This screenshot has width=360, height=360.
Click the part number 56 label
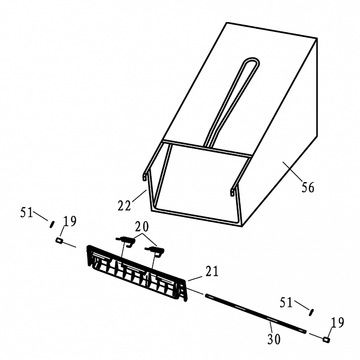pyautogui.click(x=308, y=187)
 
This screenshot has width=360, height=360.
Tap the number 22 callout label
pyautogui.click(x=124, y=205)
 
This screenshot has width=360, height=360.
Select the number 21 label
pyautogui.click(x=212, y=271)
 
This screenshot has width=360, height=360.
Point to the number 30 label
pyautogui.click(x=274, y=339)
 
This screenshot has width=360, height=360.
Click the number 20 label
pyautogui.click(x=142, y=227)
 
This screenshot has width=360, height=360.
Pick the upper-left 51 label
pyautogui.click(x=27, y=212)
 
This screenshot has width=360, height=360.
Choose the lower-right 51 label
pyautogui.click(x=286, y=302)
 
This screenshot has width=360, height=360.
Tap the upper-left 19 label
pyautogui.click(x=70, y=221)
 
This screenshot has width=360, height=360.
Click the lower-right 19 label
pyautogui.click(x=337, y=322)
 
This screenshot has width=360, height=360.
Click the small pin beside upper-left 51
pyautogui.click(x=52, y=224)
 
